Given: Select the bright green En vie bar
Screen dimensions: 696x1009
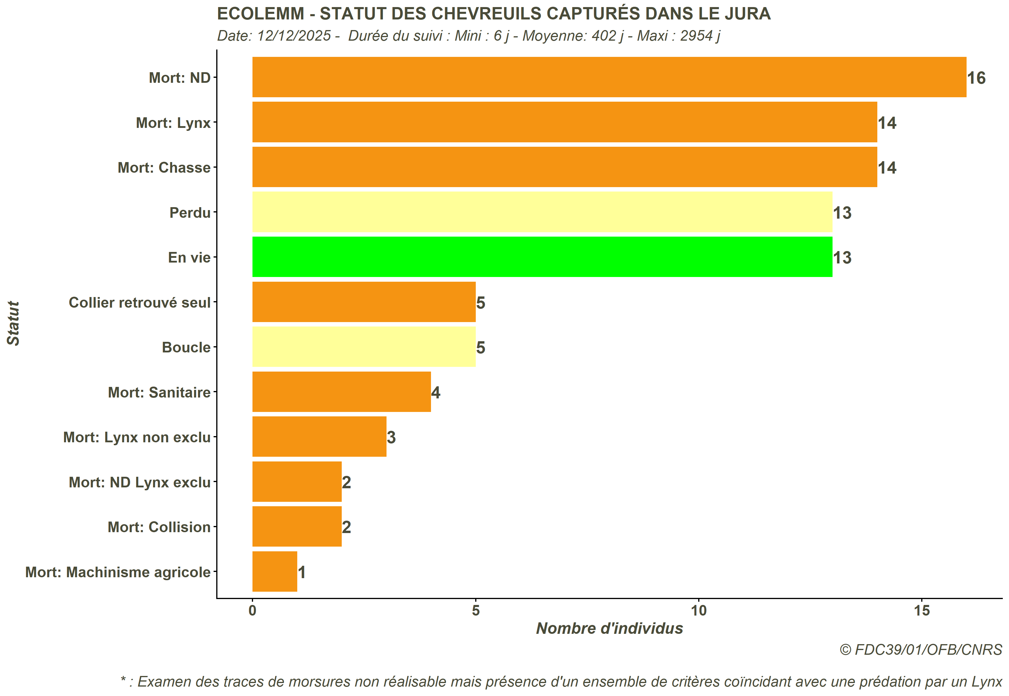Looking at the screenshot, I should click(x=542, y=257).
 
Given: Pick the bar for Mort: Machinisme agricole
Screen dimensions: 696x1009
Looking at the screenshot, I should click(x=275, y=572).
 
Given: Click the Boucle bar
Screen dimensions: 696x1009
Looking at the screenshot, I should click(x=364, y=347).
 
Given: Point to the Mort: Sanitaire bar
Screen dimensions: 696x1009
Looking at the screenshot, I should click(x=341, y=392).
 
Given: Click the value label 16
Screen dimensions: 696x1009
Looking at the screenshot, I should click(x=976, y=78).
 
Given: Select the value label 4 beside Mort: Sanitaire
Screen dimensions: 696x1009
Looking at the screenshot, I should click(x=436, y=392).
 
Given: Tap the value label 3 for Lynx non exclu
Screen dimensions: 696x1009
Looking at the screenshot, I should click(x=391, y=437).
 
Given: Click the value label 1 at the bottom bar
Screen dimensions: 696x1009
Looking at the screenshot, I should click(x=302, y=572).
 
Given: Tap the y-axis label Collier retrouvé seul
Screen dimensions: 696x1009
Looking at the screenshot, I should click(x=140, y=303).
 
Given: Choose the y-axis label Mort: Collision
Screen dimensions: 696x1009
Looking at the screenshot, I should click(x=159, y=527).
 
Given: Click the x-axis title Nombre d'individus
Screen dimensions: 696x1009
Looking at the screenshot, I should click(x=609, y=629).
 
